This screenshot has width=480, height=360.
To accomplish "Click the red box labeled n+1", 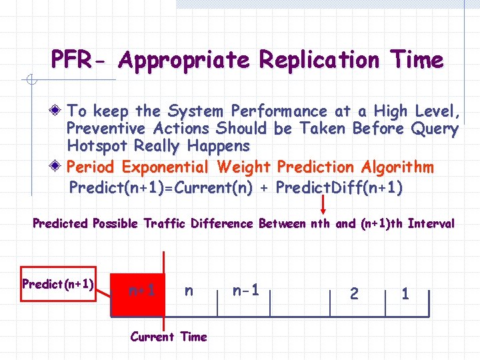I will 141,291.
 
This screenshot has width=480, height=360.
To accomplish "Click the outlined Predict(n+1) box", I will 58,284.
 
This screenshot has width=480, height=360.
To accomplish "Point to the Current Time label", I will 169,337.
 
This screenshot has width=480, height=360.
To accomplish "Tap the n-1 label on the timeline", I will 245,290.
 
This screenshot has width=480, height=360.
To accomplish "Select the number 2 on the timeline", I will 354,293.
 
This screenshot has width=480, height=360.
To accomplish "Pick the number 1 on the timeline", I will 406,293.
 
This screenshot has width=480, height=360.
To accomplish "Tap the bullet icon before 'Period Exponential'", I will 59,166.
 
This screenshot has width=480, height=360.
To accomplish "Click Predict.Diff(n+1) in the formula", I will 339,187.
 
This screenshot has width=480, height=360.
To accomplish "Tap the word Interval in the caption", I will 431,223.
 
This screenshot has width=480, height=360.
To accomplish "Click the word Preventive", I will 107,128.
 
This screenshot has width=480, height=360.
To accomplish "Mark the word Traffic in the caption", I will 167,223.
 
